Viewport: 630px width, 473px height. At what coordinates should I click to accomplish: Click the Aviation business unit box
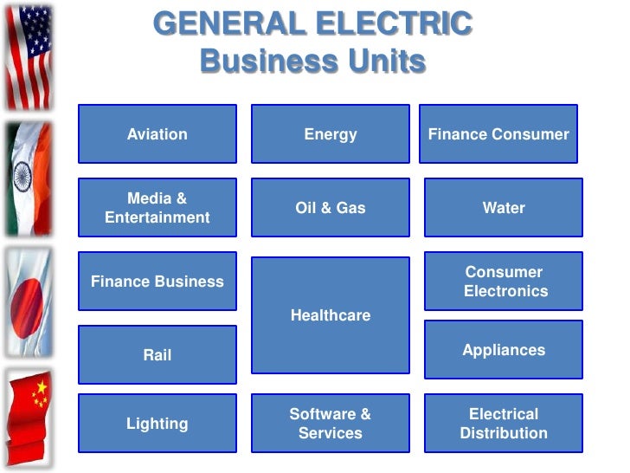tap(157, 134)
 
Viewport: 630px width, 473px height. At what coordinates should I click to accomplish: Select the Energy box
tap(330, 134)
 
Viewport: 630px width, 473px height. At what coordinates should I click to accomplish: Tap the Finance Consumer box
tap(498, 134)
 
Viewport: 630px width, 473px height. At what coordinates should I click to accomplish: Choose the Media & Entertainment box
tap(157, 208)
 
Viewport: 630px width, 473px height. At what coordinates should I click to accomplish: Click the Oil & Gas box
tap(330, 208)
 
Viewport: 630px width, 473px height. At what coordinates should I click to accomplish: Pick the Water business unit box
tap(503, 208)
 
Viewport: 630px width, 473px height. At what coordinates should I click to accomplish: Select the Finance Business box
tap(157, 282)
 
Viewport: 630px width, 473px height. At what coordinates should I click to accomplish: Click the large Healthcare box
tap(330, 315)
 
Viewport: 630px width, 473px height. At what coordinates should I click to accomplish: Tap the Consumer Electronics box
tap(503, 282)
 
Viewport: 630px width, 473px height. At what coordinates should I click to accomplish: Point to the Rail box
tap(157, 355)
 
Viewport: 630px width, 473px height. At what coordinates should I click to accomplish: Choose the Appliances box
tap(503, 350)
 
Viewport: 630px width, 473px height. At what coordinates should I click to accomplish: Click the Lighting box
tap(157, 424)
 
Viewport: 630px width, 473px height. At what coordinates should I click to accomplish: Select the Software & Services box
tap(330, 424)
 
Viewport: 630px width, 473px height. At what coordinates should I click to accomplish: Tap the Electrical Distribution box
tap(503, 424)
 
